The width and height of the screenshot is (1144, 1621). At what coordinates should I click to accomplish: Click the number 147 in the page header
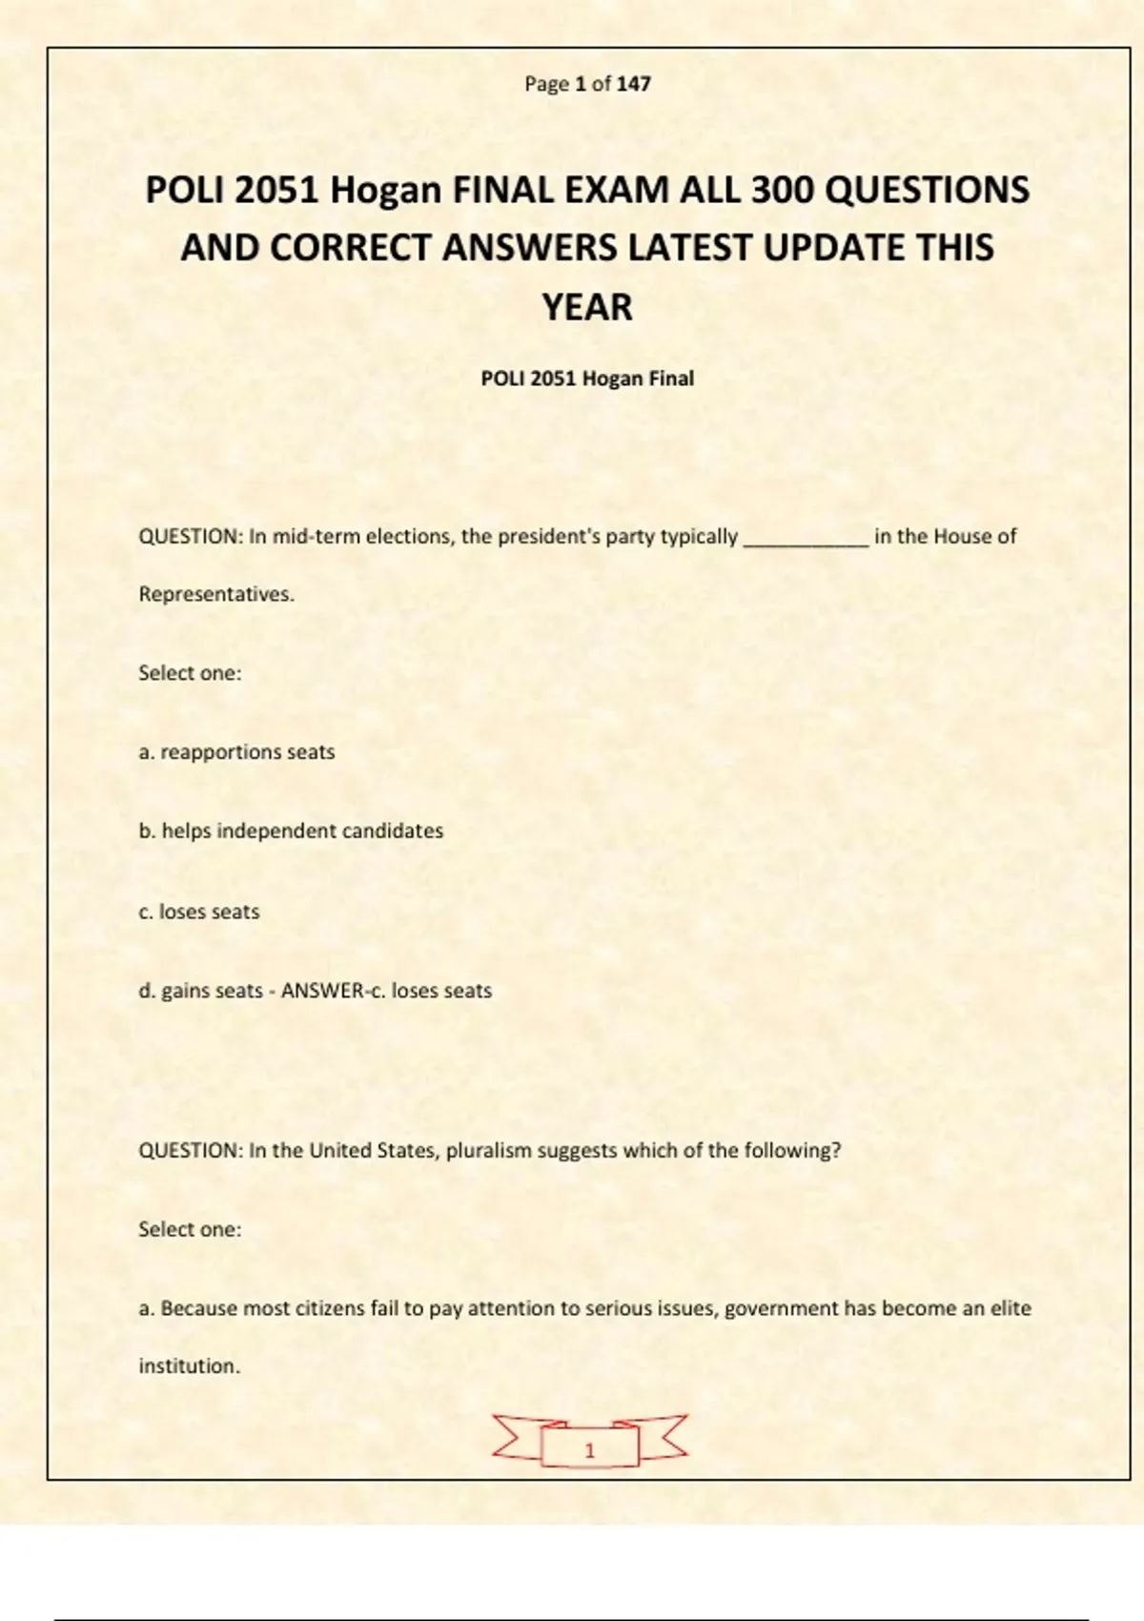633,84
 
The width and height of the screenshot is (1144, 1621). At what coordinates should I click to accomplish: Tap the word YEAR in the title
587,307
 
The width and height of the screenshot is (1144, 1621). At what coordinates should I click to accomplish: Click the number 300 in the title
782,190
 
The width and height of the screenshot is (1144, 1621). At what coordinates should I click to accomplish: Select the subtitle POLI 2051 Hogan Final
587,379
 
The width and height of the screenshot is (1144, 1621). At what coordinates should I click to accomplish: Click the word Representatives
216,594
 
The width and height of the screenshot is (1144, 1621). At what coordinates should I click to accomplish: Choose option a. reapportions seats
236,752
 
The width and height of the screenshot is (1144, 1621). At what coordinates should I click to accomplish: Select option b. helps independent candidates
291,831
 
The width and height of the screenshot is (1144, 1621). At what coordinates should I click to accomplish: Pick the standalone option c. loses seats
198,912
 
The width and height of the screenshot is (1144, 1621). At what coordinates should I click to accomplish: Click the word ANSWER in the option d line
322,991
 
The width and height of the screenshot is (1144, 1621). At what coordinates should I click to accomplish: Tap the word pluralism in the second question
489,1150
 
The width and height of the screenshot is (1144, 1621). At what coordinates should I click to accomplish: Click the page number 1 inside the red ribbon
589,1450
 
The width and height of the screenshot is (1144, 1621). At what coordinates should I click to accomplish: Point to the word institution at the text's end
189,1366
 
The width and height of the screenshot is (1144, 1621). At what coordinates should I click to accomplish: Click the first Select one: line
190,673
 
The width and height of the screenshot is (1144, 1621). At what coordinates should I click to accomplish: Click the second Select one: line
190,1229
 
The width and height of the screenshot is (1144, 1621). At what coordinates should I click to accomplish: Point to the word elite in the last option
1011,1308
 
